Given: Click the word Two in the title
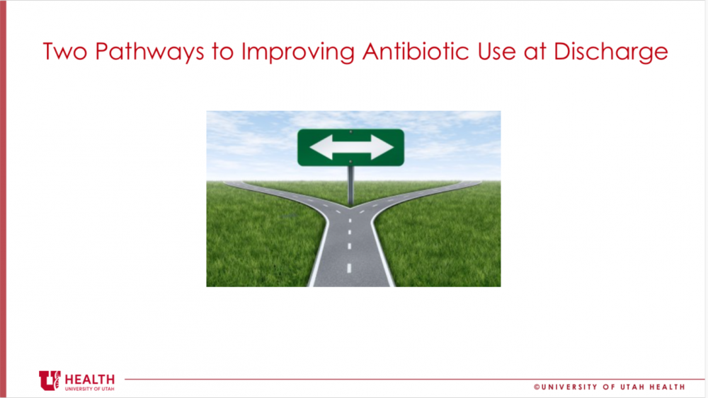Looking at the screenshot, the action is pos(64,51).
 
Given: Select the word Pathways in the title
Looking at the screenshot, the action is pos(149,52).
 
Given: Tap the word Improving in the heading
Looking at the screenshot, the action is pos(298,52).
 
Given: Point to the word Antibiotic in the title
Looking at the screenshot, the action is pos(416,51).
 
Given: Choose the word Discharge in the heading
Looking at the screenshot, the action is pos(610,52).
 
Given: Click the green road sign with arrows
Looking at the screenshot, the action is pos(351,147).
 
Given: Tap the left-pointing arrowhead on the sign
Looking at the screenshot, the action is pos(321,147).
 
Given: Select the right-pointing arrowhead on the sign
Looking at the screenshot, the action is pos(382,147).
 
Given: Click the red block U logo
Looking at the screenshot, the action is pos(50,380).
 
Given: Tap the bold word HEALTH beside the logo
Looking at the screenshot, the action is pos(89,380).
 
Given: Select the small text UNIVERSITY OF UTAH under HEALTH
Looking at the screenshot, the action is pos(89,389).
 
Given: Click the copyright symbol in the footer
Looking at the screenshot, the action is pos(537,387).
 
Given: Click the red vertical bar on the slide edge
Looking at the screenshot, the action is pos(3,199).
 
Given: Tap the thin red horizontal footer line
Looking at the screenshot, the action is pos(414,379).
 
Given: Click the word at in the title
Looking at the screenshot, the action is pos(535,52).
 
